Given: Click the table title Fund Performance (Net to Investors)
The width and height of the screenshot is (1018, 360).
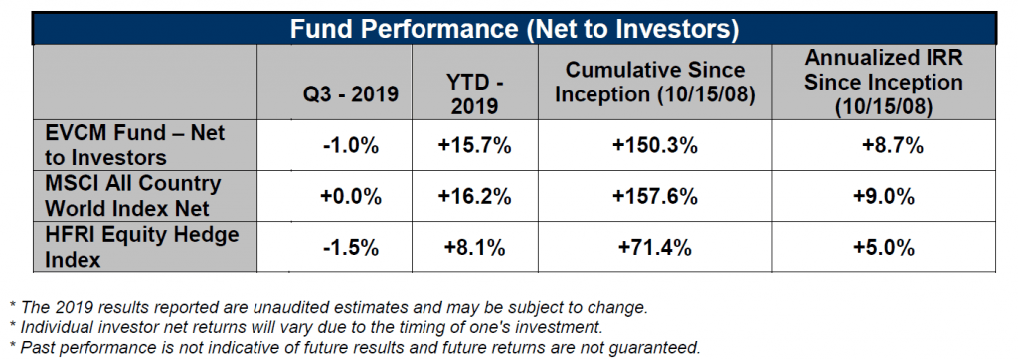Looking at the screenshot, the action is [514, 29].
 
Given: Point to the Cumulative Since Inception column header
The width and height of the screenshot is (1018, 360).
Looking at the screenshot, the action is [655, 82].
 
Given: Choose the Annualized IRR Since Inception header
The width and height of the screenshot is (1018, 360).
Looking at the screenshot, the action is [884, 82].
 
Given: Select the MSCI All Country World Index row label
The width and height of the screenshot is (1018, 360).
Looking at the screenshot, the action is [133, 195].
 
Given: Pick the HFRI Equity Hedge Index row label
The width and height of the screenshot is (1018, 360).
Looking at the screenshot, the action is [141, 247].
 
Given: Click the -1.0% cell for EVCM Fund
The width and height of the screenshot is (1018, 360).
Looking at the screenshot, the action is [351, 146].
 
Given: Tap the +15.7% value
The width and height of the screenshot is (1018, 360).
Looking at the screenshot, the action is [474, 146].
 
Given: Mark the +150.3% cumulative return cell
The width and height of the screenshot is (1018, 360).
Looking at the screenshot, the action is [655, 146].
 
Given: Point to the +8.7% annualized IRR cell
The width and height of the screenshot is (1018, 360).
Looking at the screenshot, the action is [893, 146].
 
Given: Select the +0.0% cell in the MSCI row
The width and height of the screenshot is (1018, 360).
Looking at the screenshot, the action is [351, 196].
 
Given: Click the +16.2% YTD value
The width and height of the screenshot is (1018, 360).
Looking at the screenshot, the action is [474, 196].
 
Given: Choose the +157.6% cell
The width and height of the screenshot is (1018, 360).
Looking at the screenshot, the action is [655, 196].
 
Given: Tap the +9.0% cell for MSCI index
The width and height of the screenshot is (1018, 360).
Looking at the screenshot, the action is [884, 196].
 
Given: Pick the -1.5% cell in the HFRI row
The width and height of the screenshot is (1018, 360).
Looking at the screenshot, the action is [351, 248].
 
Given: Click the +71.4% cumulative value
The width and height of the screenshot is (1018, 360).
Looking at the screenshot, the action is [655, 248].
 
